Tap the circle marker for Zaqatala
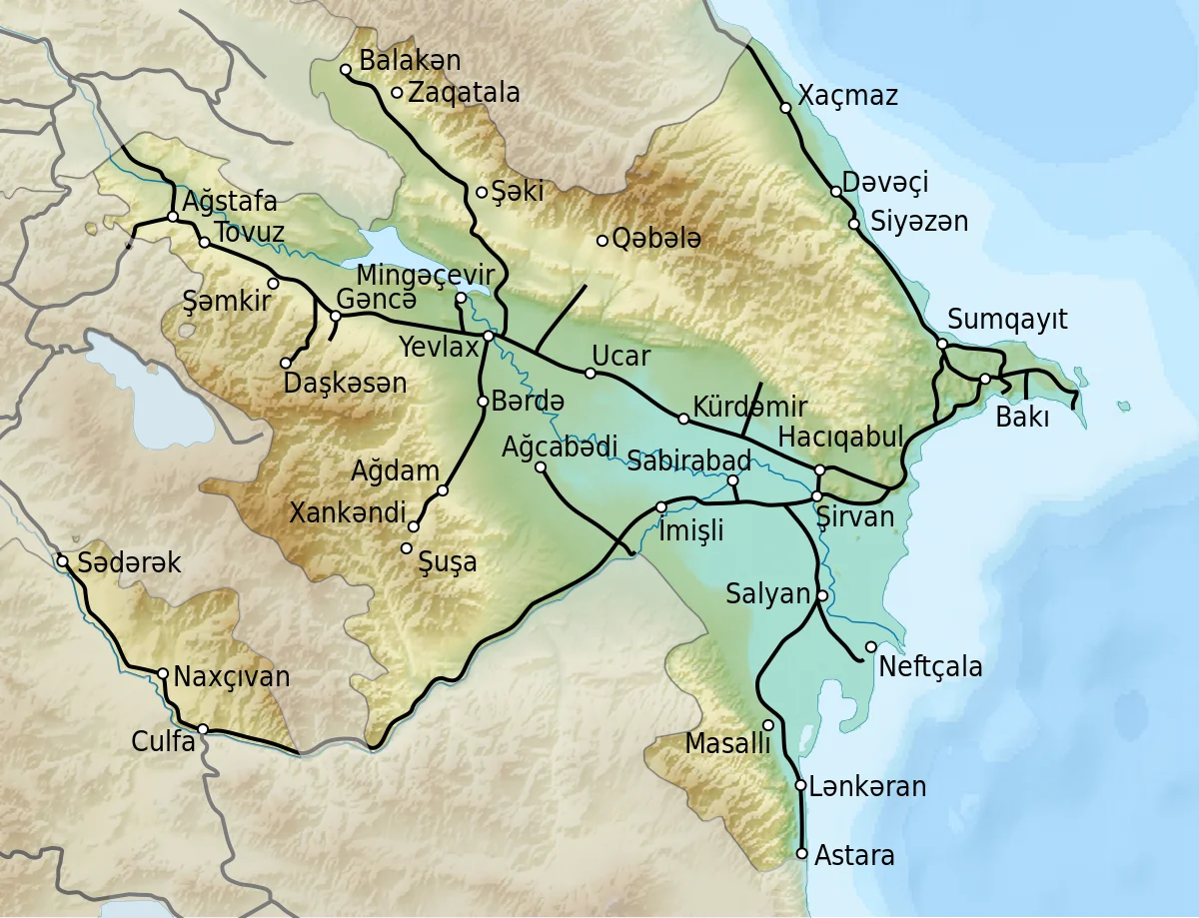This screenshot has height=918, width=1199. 397,93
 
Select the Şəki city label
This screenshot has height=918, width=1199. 517,191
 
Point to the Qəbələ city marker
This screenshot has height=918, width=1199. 602,240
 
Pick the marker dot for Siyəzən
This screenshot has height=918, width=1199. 853,224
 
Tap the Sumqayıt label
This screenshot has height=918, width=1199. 1007,320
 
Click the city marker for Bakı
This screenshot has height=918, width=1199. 984,379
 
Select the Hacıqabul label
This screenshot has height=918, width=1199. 840,436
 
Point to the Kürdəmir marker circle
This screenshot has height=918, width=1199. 683,419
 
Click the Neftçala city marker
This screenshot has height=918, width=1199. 871,646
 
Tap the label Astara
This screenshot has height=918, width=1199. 854,855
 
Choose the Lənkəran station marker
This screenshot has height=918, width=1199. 800,785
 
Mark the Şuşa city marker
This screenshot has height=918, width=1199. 407,548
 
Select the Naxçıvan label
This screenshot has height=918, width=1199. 232,676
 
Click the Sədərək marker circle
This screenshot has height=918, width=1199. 62,561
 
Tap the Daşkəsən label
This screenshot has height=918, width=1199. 346,383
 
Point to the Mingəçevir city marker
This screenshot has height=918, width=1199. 461,298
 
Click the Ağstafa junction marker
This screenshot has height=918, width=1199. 173,216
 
